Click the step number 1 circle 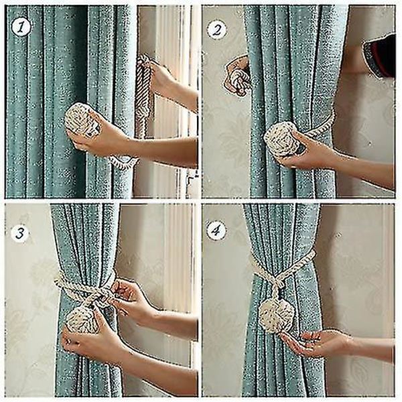[x=21, y=27]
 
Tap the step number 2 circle [x=217, y=30]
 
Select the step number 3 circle [x=20, y=233]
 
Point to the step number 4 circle [x=216, y=230]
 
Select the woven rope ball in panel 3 [x=82, y=320]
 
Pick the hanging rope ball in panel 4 [x=277, y=316]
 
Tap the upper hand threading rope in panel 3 [x=133, y=300]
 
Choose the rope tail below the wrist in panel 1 [x=124, y=161]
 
